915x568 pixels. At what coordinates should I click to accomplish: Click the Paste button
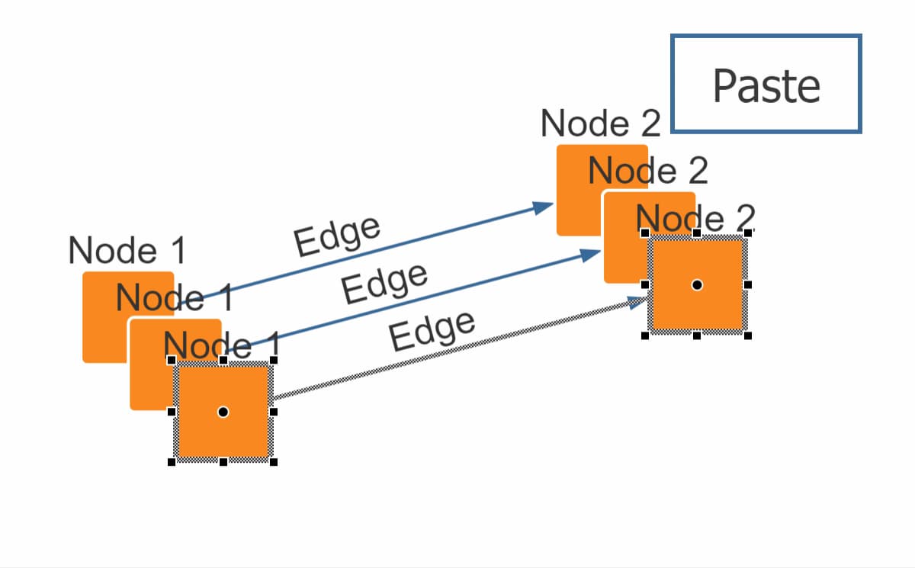coord(766,84)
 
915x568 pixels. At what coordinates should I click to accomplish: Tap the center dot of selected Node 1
coord(223,412)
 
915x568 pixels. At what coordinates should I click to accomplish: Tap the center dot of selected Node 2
coord(696,284)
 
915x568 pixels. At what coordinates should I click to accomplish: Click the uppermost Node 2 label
coord(600,124)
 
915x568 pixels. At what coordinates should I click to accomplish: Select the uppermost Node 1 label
coord(127,250)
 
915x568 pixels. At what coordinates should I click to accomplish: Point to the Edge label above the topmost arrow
coord(336,236)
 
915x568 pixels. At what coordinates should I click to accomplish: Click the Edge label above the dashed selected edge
coord(432,331)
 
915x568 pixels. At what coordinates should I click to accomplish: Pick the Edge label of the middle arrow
coord(384,284)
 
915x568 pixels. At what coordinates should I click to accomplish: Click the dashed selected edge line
coord(457,350)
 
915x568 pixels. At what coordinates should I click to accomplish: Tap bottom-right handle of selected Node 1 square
coord(274,462)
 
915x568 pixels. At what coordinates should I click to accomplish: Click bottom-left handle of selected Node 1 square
coord(172,462)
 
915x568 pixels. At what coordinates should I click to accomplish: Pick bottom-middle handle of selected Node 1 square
coord(223,462)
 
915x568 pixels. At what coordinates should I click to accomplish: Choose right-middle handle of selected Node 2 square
coord(748,284)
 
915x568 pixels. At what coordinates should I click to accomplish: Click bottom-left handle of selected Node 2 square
coord(645,335)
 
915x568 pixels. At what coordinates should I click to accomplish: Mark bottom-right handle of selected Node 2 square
coord(748,335)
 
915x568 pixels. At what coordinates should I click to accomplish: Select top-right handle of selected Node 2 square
coord(748,233)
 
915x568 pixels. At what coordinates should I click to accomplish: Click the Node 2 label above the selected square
coord(694,219)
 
